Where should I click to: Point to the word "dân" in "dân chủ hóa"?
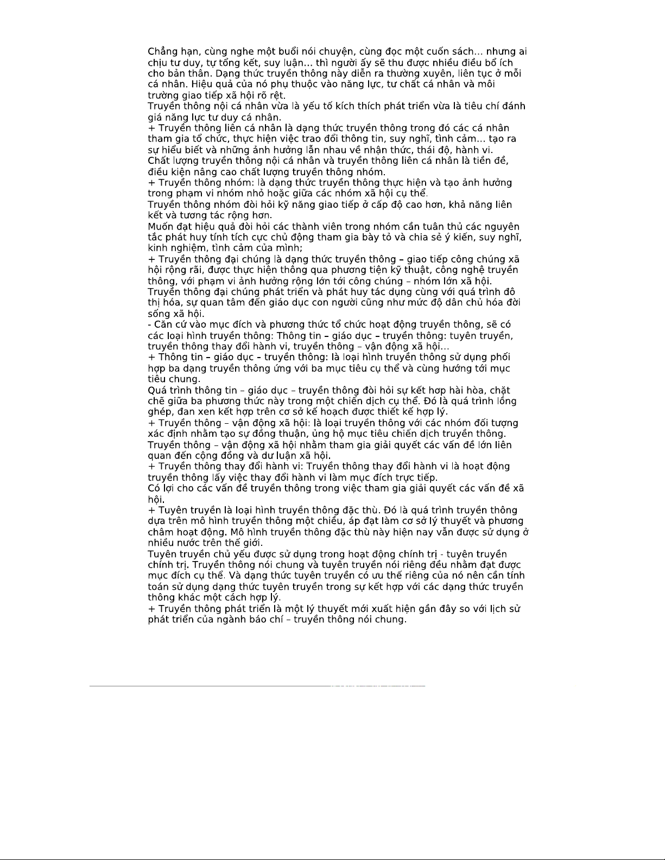pyautogui.click(x=456, y=303)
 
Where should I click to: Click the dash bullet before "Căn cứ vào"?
pyautogui.click(x=150, y=324)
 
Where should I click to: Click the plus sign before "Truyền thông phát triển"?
pyautogui.click(x=151, y=609)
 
